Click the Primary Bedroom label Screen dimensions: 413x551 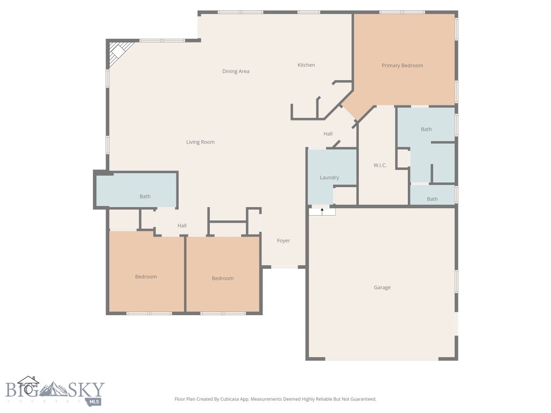[402, 66]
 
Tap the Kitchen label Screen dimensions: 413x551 [306, 65]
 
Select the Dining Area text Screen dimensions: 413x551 [236, 72]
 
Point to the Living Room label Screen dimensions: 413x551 [200, 143]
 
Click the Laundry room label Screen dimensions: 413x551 [329, 177]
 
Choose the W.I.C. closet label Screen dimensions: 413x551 [380, 165]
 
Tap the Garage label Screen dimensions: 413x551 [382, 288]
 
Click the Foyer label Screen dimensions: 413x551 [283, 241]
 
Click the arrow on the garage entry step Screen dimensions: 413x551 [322, 211]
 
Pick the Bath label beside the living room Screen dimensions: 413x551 [145, 197]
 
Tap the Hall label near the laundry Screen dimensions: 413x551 [328, 134]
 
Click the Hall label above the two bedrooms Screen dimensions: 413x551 [182, 226]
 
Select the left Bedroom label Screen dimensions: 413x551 [146, 277]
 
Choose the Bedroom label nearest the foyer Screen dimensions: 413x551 [222, 279]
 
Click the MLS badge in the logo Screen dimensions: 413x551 [95, 401]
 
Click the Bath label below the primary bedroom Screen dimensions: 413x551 [426, 130]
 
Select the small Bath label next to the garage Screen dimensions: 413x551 [432, 199]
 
